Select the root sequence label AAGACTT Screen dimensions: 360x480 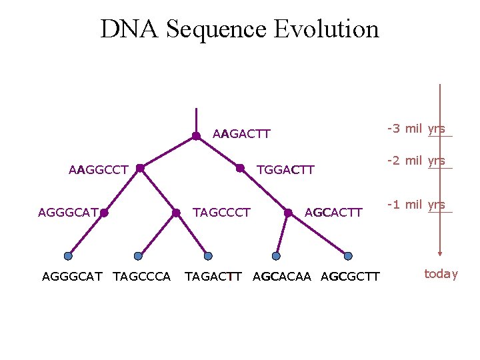[x=241, y=134]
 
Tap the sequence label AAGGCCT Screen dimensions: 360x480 [x=98, y=170]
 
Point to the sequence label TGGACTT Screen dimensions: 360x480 [x=285, y=170]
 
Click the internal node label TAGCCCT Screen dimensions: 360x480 [x=221, y=213]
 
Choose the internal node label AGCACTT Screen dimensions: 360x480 [x=333, y=213]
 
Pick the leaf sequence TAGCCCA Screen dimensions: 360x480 [x=142, y=276]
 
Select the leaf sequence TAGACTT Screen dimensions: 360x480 [x=213, y=276]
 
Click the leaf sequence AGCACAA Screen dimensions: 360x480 [x=282, y=276]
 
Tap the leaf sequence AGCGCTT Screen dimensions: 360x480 [x=350, y=276]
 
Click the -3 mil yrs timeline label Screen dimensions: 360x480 [x=416, y=129]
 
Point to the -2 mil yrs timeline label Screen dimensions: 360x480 [x=416, y=161]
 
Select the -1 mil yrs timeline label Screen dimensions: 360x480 [x=416, y=205]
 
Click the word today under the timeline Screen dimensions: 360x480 [x=441, y=273]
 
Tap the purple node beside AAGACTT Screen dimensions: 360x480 [x=196, y=136]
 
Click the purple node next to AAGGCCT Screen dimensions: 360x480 [x=140, y=169]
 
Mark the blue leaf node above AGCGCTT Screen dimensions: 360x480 [x=348, y=255]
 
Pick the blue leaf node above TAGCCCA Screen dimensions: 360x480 [x=138, y=255]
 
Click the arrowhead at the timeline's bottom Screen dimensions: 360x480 [x=440, y=253]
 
